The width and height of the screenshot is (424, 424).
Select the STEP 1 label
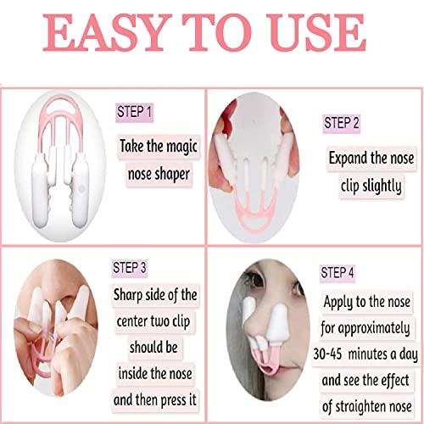tap(136, 110)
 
